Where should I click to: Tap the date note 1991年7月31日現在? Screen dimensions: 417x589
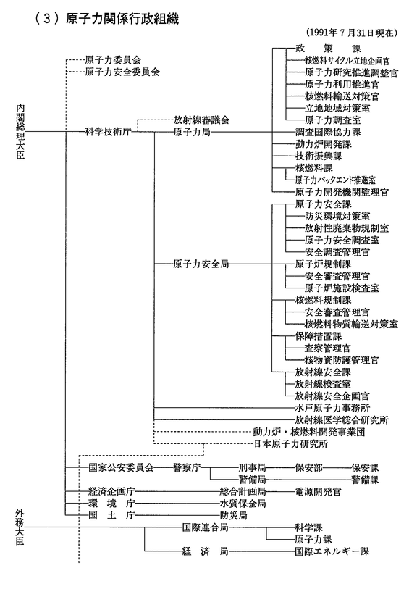351,33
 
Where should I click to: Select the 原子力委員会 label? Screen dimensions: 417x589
113,59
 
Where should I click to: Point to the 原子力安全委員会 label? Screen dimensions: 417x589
122,72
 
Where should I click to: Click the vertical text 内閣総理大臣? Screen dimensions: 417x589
20,131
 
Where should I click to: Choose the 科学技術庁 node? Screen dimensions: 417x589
108,132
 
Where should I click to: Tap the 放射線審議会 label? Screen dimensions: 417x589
201,120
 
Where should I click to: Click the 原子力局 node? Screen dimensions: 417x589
192,132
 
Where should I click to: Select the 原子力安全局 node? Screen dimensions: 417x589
201,264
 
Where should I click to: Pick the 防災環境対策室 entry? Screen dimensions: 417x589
337,216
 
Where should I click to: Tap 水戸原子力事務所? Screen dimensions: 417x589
332,408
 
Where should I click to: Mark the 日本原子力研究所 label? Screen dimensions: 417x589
290,444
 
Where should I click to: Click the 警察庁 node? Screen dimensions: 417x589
187,468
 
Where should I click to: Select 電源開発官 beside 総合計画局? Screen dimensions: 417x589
319,492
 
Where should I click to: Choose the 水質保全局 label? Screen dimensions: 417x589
243,504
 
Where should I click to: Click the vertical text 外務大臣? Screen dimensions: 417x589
20,527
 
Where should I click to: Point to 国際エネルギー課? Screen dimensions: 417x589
332,551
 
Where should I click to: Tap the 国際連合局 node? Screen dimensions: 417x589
206,527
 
